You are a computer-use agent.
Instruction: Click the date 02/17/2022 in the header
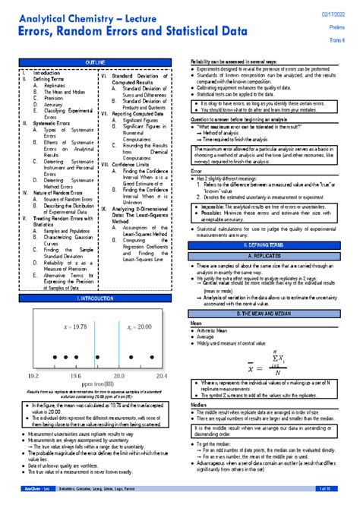[336, 11]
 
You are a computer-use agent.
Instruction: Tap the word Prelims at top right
[338, 27]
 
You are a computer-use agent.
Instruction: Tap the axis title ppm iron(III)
[95, 385]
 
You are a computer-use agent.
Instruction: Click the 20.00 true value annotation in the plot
[138, 305]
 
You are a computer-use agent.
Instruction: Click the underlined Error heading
[196, 171]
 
